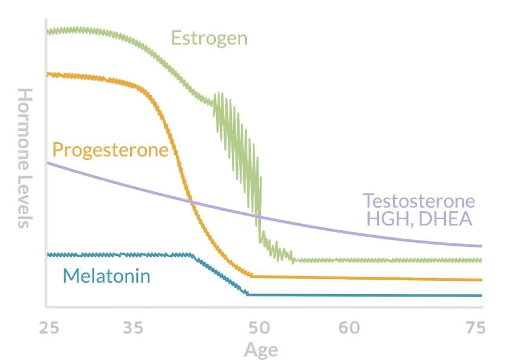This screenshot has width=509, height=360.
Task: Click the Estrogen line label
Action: [209, 39]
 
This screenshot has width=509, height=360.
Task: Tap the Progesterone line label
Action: [111, 149]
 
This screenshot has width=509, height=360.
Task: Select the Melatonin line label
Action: [106, 276]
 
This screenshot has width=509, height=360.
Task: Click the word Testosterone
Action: [419, 201]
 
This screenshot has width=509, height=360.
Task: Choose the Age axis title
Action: [260, 349]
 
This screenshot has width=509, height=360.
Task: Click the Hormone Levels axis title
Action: [24, 158]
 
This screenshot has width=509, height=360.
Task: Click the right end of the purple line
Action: [480, 246]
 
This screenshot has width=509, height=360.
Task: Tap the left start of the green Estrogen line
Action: [48, 32]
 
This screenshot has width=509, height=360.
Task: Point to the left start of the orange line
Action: [48, 74]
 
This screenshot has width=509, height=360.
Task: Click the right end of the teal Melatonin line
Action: [480, 295]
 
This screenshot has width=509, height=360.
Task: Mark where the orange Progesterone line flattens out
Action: [252, 276]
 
